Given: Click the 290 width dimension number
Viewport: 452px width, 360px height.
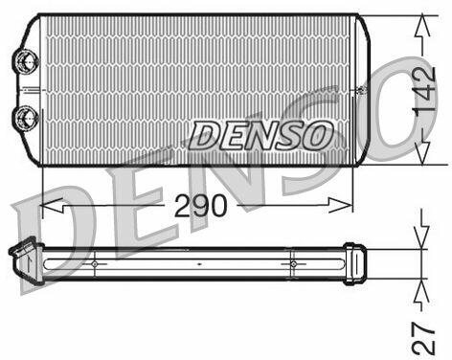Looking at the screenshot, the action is click(x=201, y=206).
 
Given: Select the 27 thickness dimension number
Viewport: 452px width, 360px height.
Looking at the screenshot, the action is click(x=423, y=339).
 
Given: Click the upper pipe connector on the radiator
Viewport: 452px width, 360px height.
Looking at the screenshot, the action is click(x=25, y=61).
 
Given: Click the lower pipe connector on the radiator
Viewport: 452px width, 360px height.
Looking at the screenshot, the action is click(x=26, y=117).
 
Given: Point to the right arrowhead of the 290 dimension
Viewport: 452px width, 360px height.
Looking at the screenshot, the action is click(x=341, y=205).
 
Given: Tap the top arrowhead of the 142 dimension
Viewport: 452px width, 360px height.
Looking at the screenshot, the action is click(x=422, y=25).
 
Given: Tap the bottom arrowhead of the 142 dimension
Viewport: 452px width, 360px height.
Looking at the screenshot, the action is click(x=422, y=153).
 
